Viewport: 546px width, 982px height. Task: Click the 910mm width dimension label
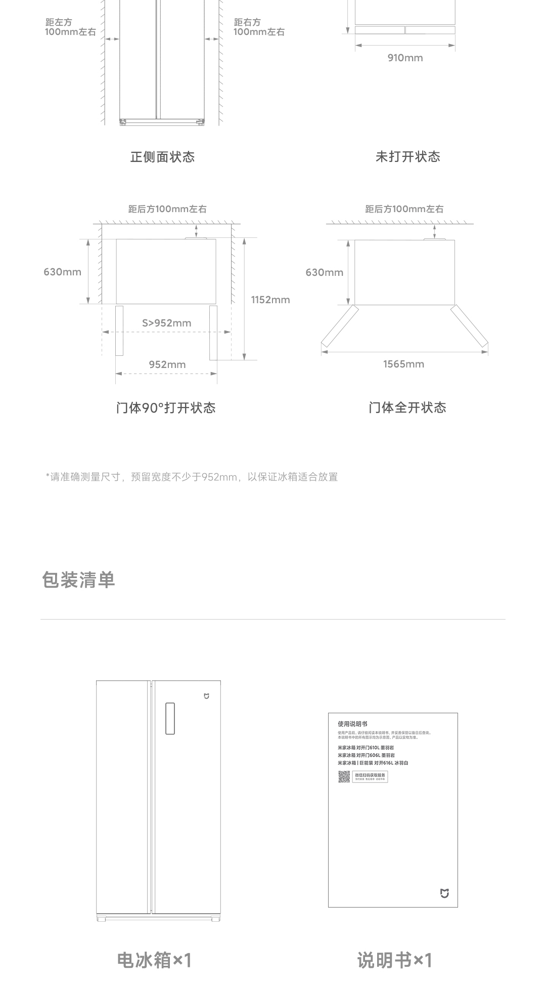[x=405, y=58]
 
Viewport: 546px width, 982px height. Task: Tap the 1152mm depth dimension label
[x=270, y=300]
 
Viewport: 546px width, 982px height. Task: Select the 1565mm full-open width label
[x=403, y=364]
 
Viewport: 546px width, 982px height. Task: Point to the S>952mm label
[x=166, y=323]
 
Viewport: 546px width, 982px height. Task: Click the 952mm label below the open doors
[x=167, y=364]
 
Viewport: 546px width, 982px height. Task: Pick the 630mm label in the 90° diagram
[x=62, y=272]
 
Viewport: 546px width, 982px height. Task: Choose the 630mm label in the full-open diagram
[x=324, y=272]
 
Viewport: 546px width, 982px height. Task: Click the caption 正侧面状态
[x=162, y=157]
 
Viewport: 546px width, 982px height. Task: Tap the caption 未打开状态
[x=407, y=157]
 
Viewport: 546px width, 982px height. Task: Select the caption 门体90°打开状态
[x=166, y=408]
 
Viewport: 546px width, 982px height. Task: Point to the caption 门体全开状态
[x=407, y=408]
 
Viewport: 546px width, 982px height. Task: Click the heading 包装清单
[x=78, y=580]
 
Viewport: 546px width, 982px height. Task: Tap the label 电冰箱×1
[x=154, y=960]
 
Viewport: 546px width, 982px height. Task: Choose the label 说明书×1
[x=394, y=960]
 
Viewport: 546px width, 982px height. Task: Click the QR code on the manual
[x=344, y=776]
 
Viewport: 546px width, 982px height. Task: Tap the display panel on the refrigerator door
[x=170, y=718]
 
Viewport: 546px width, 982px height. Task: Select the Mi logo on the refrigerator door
[x=206, y=697]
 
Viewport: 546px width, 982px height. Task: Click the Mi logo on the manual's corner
[x=444, y=894]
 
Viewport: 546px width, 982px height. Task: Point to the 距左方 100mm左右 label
[x=70, y=27]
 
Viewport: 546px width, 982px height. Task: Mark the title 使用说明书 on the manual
[x=352, y=724]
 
